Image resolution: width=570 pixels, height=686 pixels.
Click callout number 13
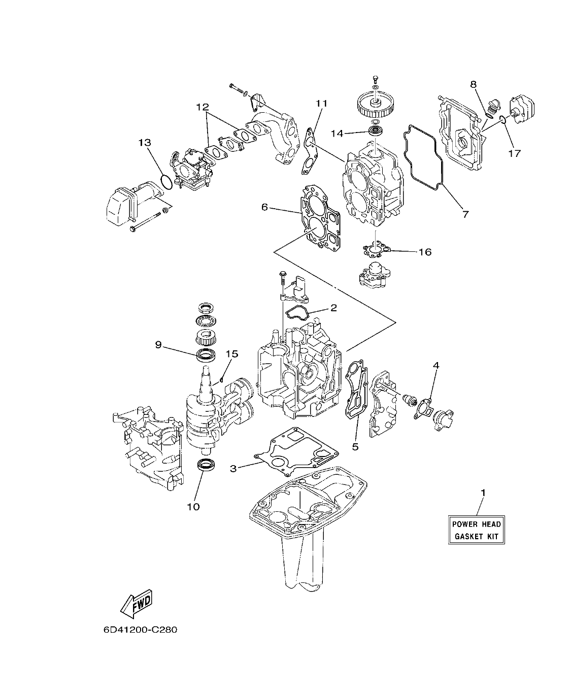coord(145,143)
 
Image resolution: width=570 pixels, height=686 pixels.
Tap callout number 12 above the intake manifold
coord(203,107)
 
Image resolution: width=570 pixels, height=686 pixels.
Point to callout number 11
coord(321,104)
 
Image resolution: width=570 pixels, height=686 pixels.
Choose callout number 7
coord(465,214)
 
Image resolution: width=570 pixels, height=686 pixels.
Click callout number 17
coord(514,153)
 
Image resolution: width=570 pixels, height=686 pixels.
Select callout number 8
coord(473,84)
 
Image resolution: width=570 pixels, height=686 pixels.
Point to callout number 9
coord(158,345)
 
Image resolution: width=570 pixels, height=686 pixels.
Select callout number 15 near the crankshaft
coord(231,354)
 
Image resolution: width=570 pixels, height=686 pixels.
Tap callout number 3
coord(233,469)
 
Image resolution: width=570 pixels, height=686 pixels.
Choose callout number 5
coord(355,446)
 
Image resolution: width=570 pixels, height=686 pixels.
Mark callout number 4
coord(436,365)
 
